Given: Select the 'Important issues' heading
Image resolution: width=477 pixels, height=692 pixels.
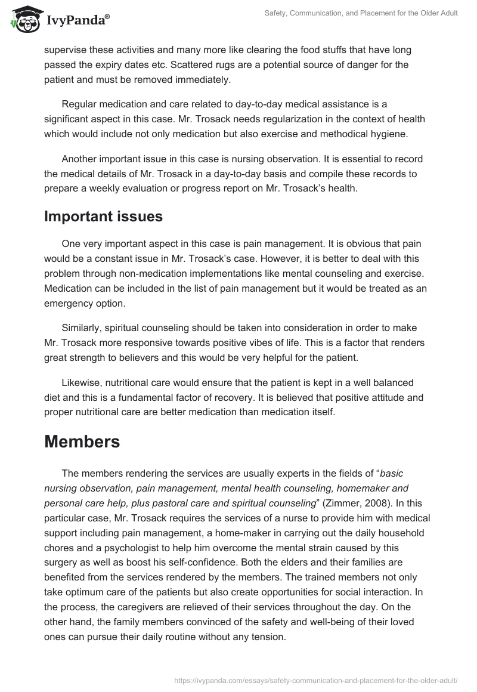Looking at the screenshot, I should [x=103, y=217].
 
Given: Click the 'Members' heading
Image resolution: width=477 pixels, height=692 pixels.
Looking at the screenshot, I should [x=82, y=441].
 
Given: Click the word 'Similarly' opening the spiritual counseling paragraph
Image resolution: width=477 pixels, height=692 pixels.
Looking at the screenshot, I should [x=82, y=329].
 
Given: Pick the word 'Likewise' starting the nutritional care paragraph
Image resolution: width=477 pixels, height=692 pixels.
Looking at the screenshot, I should [x=82, y=382].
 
